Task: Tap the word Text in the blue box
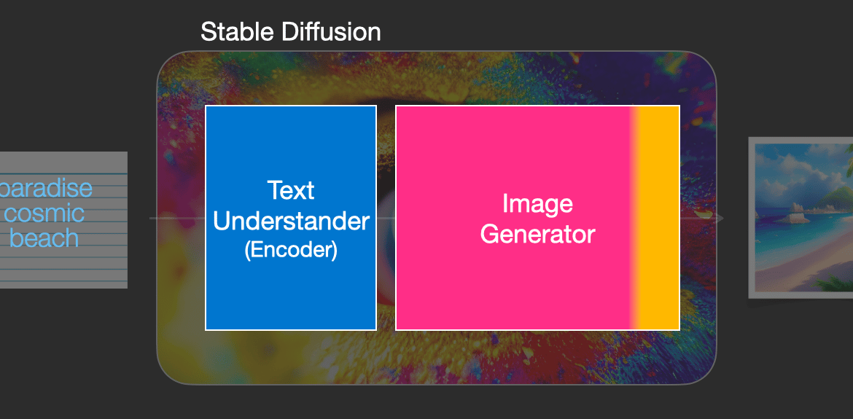click(x=291, y=190)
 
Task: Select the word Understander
click(x=291, y=222)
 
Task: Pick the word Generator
click(x=537, y=235)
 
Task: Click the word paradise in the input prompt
click(x=47, y=189)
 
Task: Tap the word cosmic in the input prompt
click(x=44, y=213)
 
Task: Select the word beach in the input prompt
click(x=44, y=238)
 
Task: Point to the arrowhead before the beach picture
click(x=719, y=219)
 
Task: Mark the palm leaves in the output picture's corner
click(x=835, y=283)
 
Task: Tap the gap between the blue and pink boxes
click(x=386, y=217)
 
